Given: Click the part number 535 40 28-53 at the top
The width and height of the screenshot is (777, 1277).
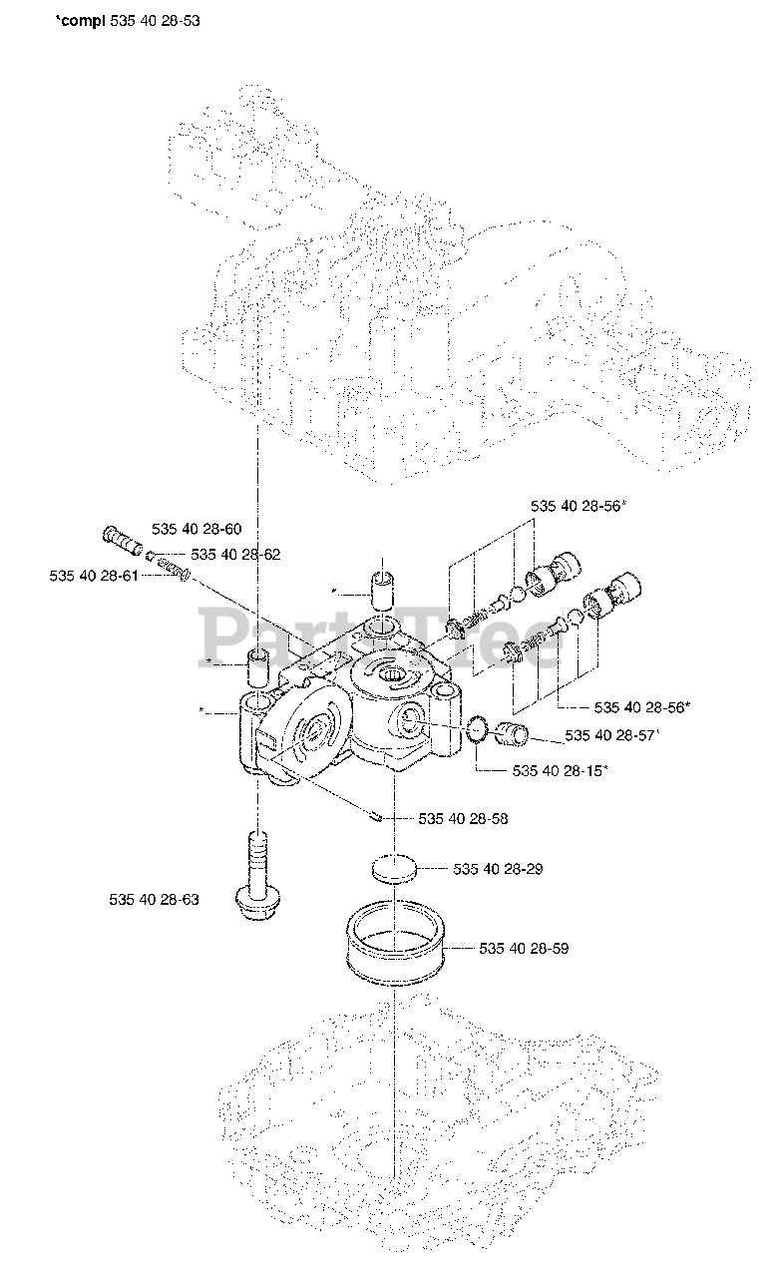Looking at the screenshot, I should pyautogui.click(x=150, y=20).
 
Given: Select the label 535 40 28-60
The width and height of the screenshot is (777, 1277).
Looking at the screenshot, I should pyautogui.click(x=196, y=529).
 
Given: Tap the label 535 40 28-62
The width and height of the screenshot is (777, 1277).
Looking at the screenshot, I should pyautogui.click(x=235, y=554).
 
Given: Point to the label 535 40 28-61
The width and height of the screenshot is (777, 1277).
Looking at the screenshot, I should pyautogui.click(x=94, y=576).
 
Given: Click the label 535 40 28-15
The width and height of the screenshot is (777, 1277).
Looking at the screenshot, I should pyautogui.click(x=560, y=770).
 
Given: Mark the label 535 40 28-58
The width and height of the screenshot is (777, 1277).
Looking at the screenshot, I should pyautogui.click(x=463, y=819).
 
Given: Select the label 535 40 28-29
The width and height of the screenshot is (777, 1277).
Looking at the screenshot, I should pyautogui.click(x=498, y=869).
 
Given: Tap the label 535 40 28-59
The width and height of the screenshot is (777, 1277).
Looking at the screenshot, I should pyautogui.click(x=524, y=948).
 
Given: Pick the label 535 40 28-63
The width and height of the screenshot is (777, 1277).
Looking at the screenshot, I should pyautogui.click(x=154, y=900).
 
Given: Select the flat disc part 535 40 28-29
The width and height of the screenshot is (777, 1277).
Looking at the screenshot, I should pyautogui.click(x=396, y=868).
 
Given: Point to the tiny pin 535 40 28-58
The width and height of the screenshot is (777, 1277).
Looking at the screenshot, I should pyautogui.click(x=375, y=816).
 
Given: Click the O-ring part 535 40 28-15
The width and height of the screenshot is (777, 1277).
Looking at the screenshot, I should pyautogui.click(x=479, y=732).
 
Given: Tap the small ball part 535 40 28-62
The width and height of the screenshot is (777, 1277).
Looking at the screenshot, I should pyautogui.click(x=149, y=556).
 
